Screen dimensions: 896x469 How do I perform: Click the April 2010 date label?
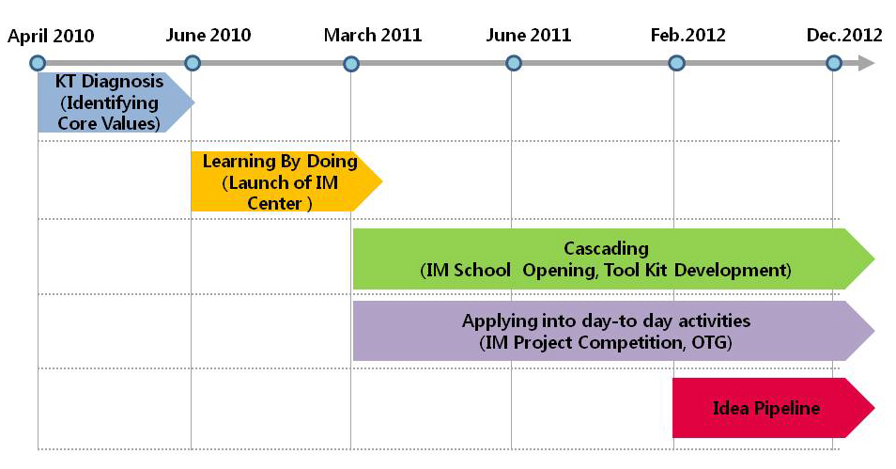51,36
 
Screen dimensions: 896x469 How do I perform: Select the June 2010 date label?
209,35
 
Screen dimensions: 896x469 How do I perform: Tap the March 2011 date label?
373,35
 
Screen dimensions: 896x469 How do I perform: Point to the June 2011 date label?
529,35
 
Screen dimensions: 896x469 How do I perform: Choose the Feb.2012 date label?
688,35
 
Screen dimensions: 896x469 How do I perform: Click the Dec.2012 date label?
844,35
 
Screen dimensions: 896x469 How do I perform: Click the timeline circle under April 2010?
38,63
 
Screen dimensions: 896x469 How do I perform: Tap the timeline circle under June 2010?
193,63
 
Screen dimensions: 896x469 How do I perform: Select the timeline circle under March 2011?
351,63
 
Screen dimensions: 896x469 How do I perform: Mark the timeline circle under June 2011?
514,63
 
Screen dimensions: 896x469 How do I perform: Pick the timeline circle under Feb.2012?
676,63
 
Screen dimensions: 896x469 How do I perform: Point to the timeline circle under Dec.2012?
834,63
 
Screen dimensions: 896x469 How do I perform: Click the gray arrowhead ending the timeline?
866,63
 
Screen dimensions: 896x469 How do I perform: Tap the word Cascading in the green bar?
607,248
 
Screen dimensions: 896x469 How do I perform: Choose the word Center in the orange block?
274,203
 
